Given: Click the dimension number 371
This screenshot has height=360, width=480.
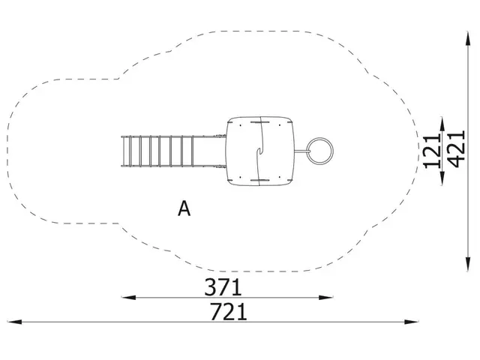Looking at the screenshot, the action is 223,287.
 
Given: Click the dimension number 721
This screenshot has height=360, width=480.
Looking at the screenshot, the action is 228,312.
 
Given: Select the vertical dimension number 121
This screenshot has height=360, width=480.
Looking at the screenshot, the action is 432,151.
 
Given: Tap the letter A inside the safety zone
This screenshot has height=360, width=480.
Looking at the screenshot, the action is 184,208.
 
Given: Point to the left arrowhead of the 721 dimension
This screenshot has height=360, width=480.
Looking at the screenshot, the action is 14,322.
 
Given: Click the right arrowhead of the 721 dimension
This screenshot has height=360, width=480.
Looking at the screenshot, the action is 411,322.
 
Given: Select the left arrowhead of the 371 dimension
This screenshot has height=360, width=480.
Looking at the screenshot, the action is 128,297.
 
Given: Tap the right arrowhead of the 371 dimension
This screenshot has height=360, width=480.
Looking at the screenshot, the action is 325,297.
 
